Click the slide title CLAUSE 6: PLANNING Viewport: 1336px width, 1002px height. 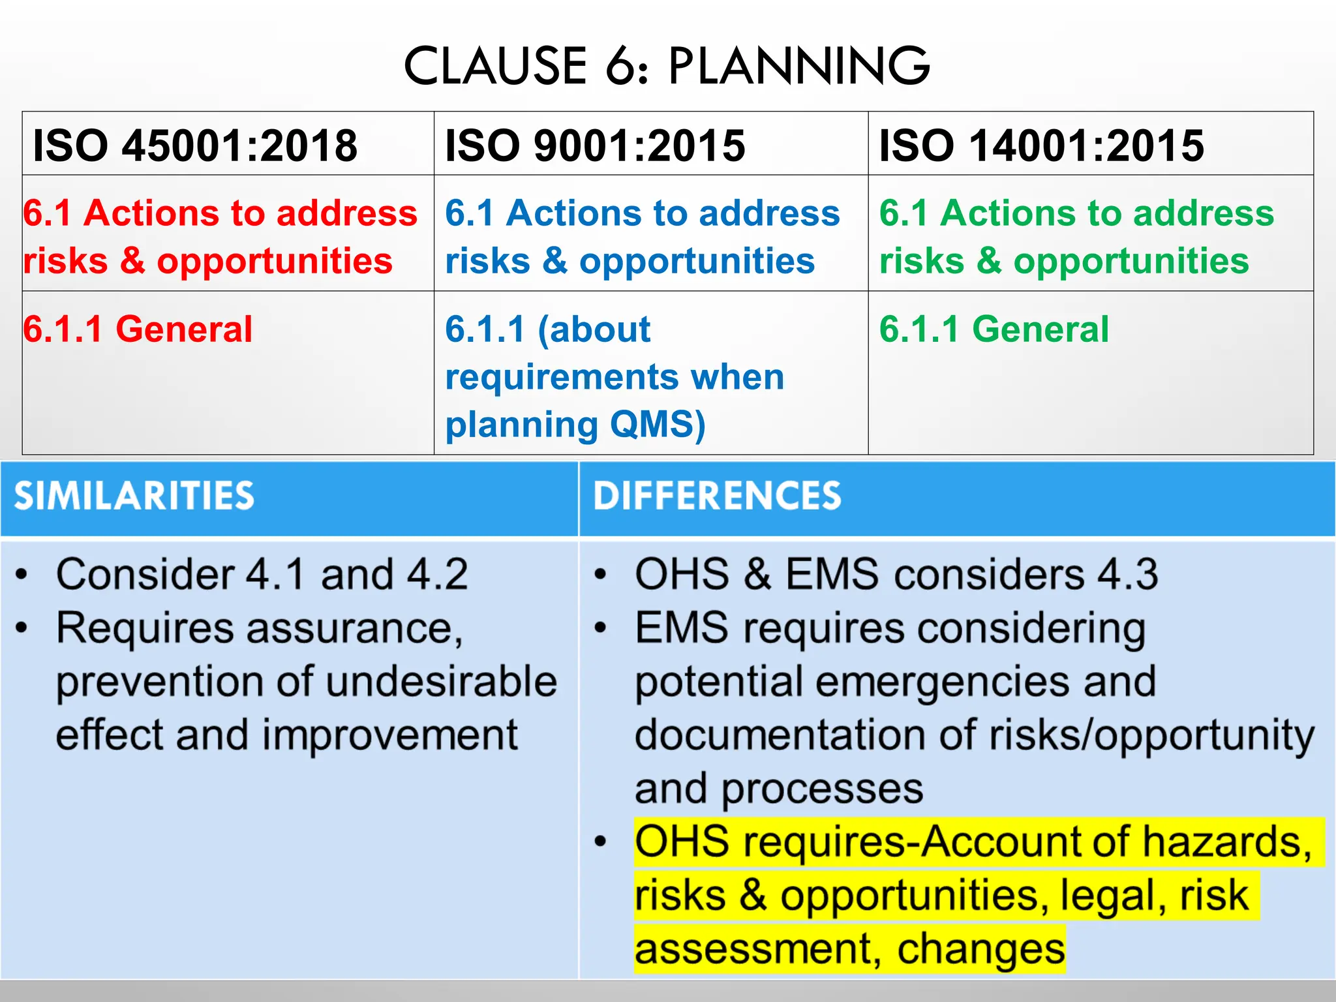667,66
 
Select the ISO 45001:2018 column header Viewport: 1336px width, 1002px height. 195,145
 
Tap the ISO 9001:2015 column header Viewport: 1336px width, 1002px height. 595,145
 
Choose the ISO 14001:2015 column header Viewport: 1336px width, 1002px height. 1041,145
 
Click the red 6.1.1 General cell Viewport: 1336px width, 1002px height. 138,329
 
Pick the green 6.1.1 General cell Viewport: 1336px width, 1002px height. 994,329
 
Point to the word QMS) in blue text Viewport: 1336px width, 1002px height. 658,424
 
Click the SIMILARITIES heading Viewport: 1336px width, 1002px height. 134,496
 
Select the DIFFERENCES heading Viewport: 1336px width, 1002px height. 717,496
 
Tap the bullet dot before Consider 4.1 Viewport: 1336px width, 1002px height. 22,575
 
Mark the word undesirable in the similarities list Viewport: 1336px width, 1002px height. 442,682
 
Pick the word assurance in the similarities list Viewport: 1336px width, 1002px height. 354,628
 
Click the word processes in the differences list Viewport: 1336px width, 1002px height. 822,789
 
